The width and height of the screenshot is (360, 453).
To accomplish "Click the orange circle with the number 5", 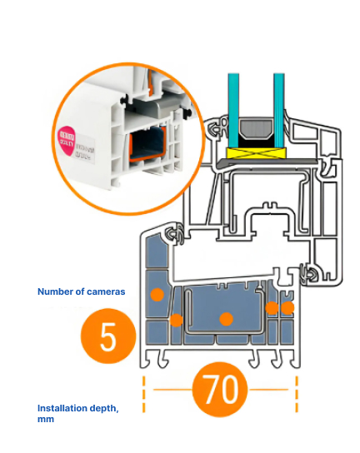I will point(107,339).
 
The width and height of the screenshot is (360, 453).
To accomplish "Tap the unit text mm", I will point(46,420).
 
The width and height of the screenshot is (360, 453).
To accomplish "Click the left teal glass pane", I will point(236,96).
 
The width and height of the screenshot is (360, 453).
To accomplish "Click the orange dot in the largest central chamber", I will point(225,319).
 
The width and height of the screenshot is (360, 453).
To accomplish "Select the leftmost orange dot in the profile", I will point(155,294).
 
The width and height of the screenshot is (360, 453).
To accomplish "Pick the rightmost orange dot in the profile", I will point(288,308).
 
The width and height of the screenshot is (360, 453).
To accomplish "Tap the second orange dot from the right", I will point(272,308).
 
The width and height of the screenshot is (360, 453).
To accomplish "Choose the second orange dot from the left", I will point(176,320).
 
